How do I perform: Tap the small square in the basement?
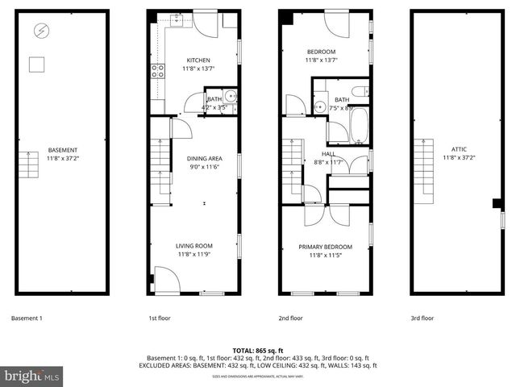click(x=37, y=63)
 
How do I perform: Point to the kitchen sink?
click(x=173, y=23)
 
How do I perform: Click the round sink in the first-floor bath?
click(x=230, y=95)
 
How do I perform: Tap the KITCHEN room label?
click(x=198, y=60)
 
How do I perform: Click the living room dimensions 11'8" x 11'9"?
click(x=194, y=255)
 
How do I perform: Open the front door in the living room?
click(x=168, y=281)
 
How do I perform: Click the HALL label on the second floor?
click(x=328, y=153)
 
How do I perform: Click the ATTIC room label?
click(x=459, y=149)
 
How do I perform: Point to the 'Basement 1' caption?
click(x=27, y=318)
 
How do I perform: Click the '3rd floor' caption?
click(x=422, y=318)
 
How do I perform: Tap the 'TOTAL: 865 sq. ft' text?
click(x=258, y=351)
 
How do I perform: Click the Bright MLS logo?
click(x=32, y=376)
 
